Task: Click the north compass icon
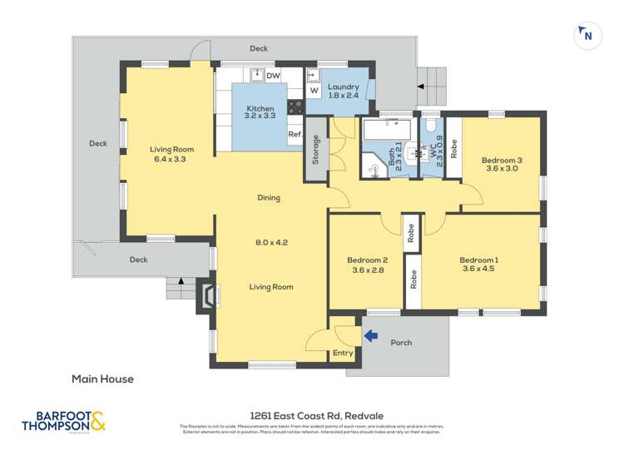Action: point(587,35)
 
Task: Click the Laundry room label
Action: point(343,87)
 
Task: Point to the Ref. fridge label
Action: point(295,134)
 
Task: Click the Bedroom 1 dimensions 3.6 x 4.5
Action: point(478,270)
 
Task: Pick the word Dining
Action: point(268,198)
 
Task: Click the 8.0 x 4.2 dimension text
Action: point(271,243)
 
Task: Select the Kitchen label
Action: point(260,109)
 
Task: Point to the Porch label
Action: point(401,343)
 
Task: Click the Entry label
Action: point(343,353)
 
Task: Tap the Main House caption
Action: point(102,379)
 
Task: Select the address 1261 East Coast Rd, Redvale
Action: point(312,416)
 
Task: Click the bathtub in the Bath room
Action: point(388,132)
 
